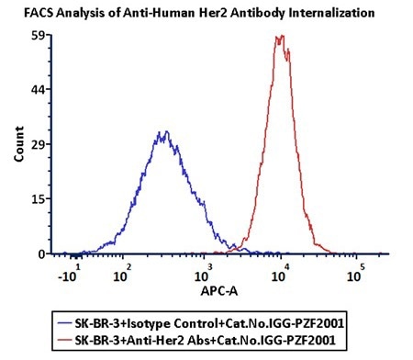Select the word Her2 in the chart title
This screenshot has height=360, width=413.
tap(182, 13)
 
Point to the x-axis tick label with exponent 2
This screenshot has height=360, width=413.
tap(122, 273)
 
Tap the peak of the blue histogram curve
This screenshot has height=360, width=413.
tap(162, 133)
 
